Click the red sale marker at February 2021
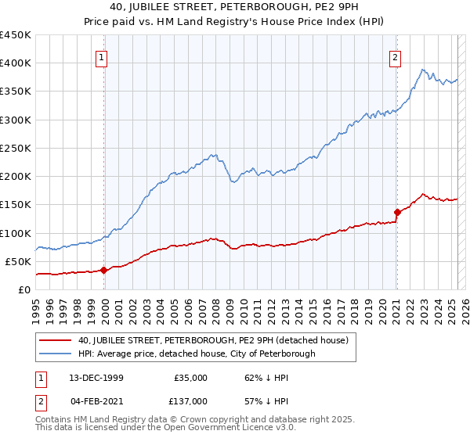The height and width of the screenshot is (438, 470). [x=397, y=212]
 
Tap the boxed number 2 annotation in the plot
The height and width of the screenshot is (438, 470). [x=396, y=56]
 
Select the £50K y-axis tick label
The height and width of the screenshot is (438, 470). [x=19, y=261]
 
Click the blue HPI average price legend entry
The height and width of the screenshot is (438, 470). [x=196, y=354]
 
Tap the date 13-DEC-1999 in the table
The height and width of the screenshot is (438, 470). [x=96, y=377]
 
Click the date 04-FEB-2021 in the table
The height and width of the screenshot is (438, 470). [x=96, y=400]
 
